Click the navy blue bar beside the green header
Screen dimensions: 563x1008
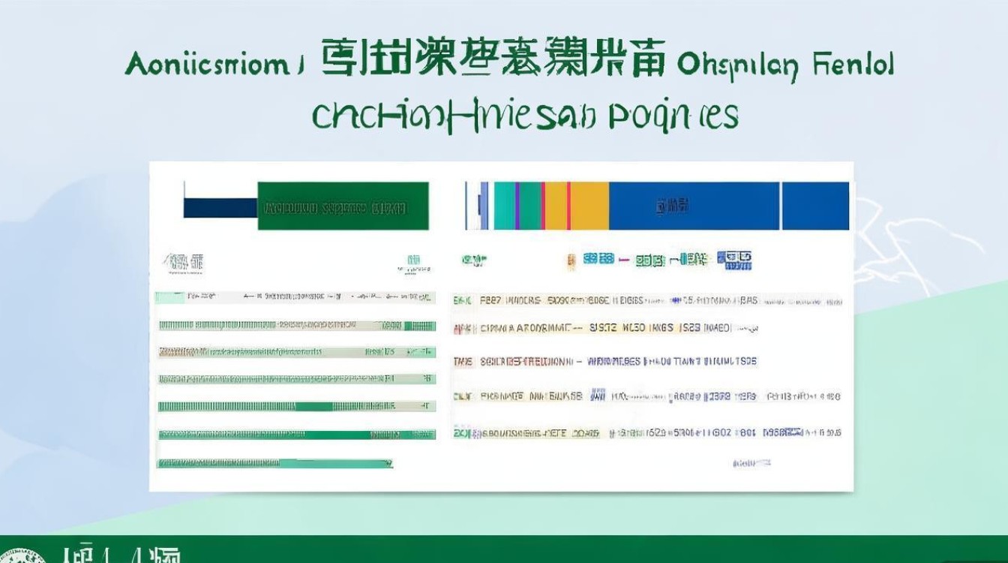(x=220, y=208)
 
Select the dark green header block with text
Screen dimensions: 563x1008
(x=343, y=206)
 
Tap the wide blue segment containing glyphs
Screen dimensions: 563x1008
(x=694, y=206)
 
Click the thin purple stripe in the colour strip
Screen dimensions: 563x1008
(x=517, y=206)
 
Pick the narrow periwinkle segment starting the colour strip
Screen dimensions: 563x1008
(x=484, y=206)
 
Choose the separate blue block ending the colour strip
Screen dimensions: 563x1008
(x=815, y=206)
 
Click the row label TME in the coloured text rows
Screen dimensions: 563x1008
(x=463, y=362)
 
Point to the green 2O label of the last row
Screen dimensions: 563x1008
(x=461, y=433)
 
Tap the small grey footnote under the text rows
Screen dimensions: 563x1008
(x=751, y=463)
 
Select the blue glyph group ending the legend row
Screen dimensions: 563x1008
(x=734, y=260)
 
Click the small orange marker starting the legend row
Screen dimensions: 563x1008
(x=571, y=260)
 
